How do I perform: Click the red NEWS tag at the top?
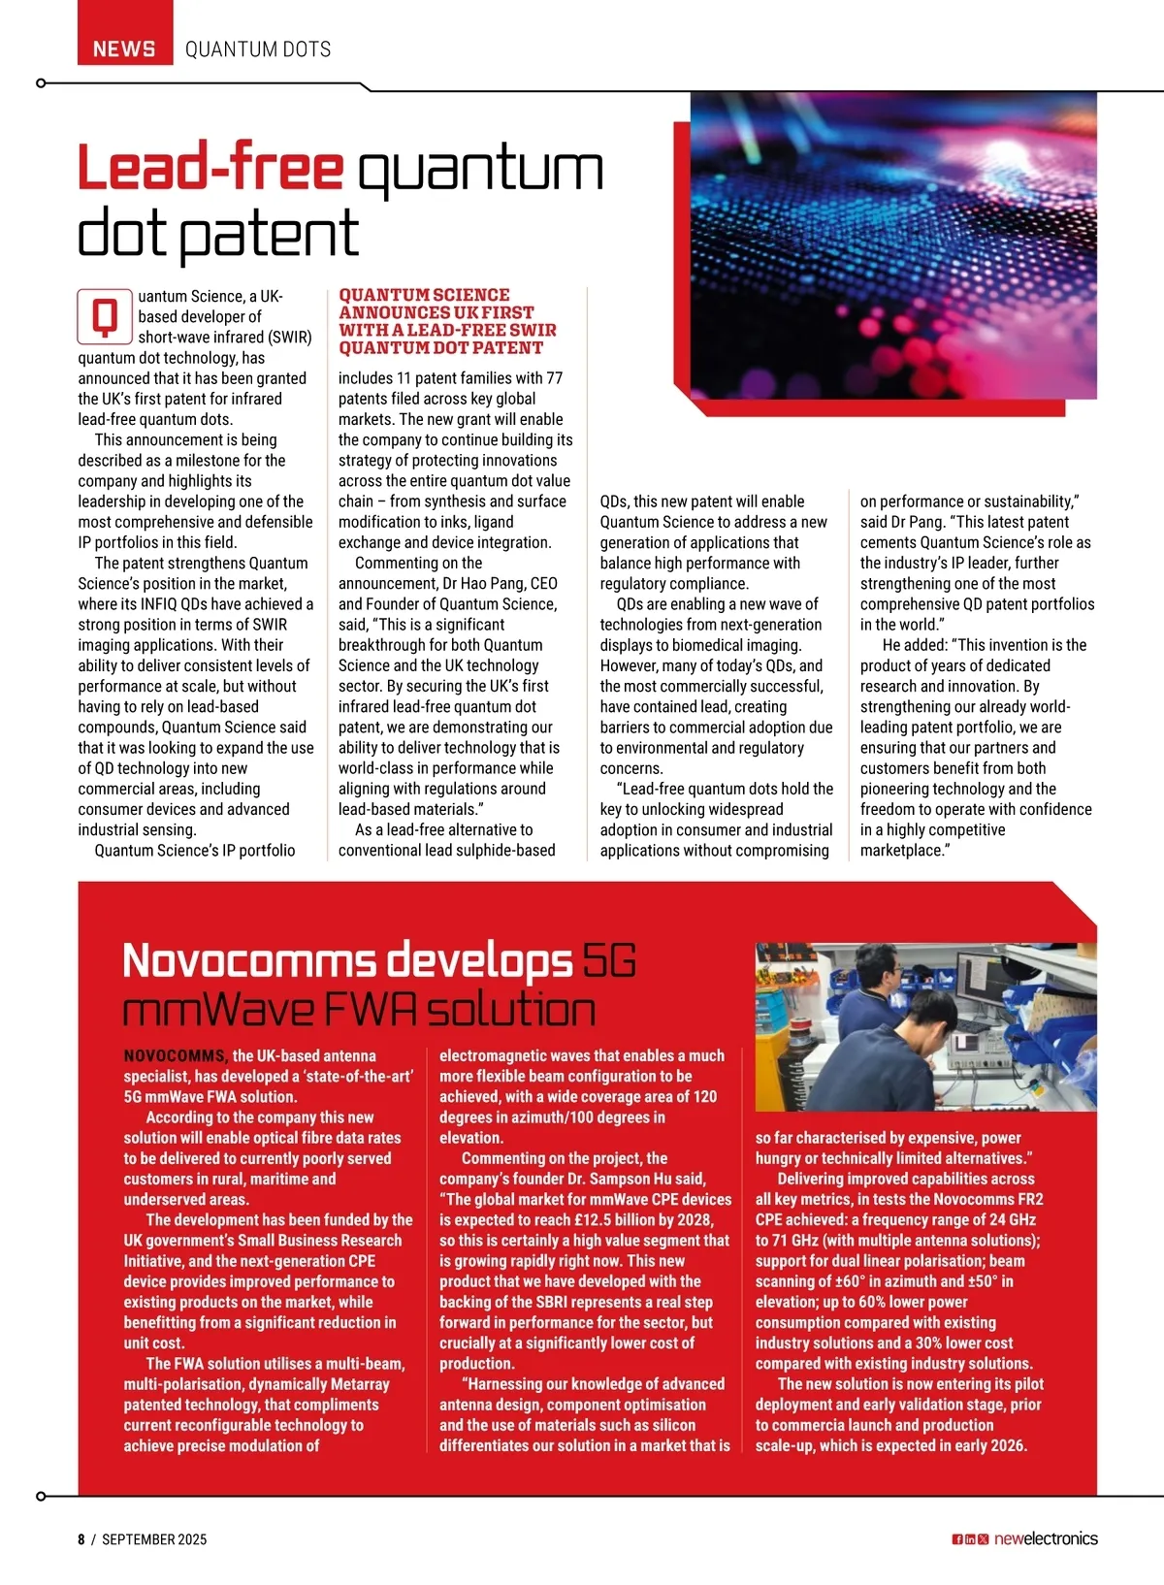pos(124,49)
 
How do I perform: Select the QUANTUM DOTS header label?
pos(258,49)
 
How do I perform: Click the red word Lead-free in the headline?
pos(210,168)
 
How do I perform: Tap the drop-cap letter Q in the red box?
pos(105,316)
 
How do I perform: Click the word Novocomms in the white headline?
pos(249,961)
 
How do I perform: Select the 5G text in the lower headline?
pos(609,961)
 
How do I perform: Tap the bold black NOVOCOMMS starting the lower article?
pos(176,1055)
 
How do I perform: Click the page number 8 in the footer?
pos(81,1539)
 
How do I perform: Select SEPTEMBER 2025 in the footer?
pos(154,1539)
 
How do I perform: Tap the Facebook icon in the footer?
pos(956,1539)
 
